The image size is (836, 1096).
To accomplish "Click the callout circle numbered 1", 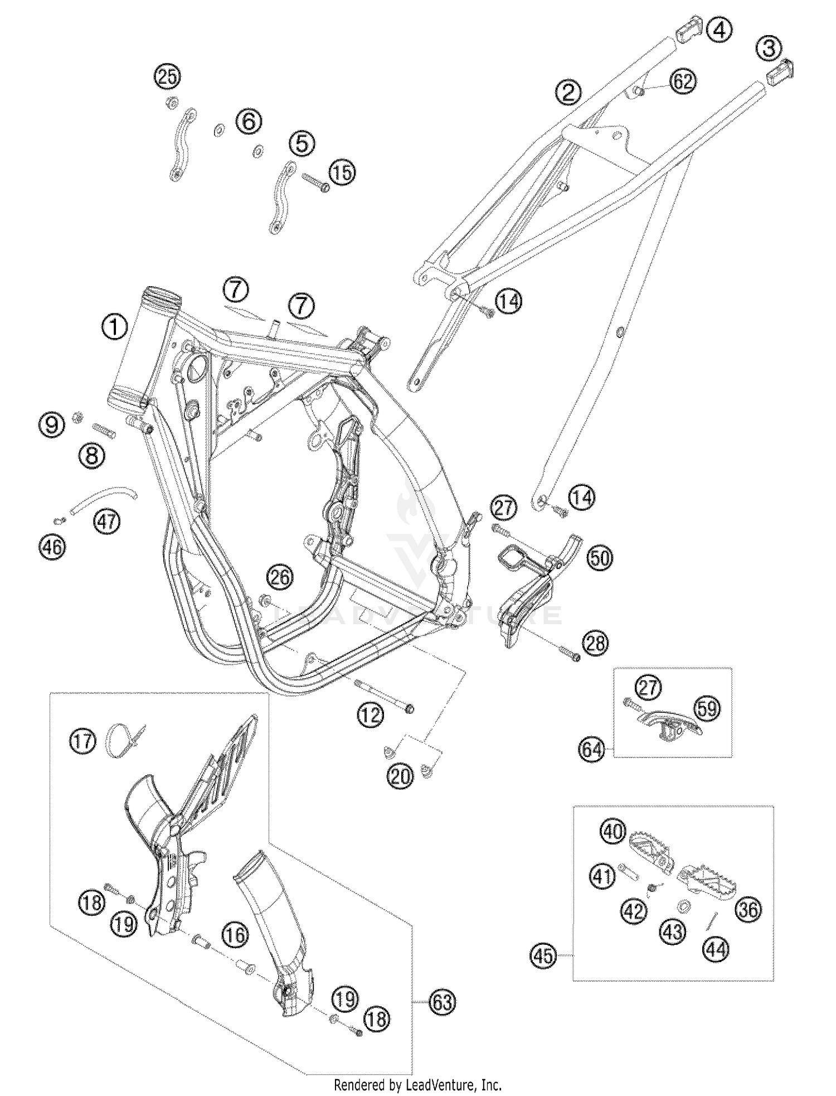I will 114,327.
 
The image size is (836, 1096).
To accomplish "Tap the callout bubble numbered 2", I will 568,92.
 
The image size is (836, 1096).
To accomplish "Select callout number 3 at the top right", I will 769,49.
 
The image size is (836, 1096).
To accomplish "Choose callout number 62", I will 683,82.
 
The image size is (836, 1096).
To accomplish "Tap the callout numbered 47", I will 107,522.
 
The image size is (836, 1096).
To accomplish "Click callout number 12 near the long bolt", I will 371,714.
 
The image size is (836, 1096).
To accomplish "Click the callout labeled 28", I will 595,643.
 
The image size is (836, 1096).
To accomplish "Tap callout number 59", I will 707,708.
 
